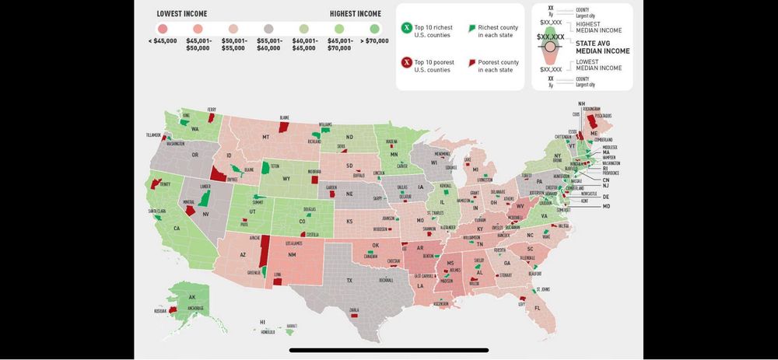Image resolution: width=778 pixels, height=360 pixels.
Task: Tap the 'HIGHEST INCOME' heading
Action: [355, 14]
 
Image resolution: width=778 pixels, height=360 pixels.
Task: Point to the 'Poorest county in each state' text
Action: [496, 66]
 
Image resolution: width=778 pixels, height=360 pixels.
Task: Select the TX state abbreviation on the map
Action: [349, 280]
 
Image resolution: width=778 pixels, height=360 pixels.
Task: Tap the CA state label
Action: [177, 228]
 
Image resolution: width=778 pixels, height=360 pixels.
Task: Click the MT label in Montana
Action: [265, 137]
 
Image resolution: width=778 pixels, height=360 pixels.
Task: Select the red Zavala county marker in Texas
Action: [353, 316]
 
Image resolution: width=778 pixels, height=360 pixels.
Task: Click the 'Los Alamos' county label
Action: [293, 243]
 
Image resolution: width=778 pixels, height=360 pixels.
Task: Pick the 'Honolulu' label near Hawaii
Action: [268, 332]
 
